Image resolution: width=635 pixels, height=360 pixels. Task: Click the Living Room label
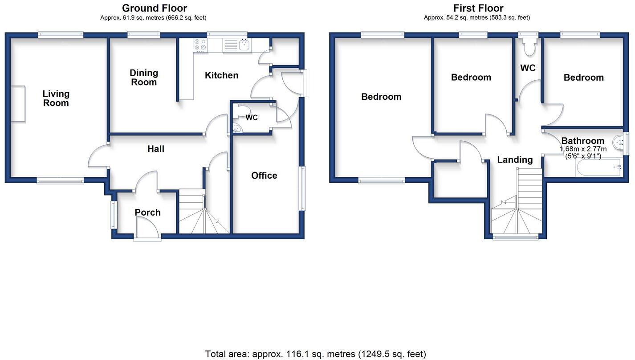point(56,98)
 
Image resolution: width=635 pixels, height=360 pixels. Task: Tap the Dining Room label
point(143,78)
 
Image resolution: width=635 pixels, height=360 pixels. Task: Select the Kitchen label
point(221,75)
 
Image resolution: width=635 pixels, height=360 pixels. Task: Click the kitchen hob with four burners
point(200,45)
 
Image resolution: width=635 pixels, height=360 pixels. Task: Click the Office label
point(264,176)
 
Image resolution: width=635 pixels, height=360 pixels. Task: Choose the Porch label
point(147,213)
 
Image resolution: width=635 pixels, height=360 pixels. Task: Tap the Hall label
point(156,149)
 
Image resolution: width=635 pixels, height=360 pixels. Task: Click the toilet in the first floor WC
point(529,47)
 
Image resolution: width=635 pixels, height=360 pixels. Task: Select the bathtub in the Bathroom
point(598,168)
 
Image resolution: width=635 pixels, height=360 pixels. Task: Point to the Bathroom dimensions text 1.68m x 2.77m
point(583,149)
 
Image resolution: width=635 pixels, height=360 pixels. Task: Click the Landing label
point(515,160)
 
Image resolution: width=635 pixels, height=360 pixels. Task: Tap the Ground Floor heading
point(154,8)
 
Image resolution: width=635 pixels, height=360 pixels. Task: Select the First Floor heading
point(478,8)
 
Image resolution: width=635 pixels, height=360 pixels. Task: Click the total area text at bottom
point(315,354)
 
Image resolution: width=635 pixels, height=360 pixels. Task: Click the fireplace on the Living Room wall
point(18,103)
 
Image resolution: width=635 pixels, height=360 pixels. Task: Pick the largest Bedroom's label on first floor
point(381,97)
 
